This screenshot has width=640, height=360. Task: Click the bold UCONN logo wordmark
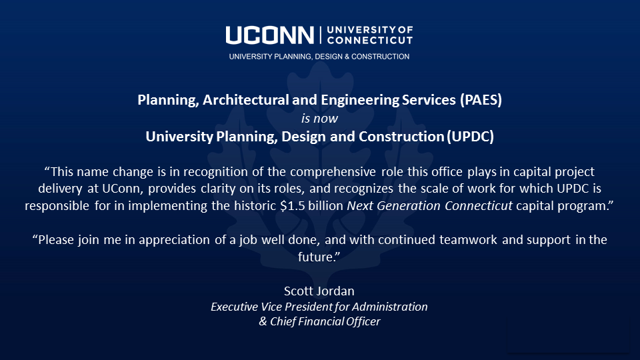(x=270, y=35)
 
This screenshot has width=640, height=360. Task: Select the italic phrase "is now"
(x=319, y=119)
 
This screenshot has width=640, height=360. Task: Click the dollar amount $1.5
(x=287, y=206)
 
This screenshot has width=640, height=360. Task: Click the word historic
(x=247, y=206)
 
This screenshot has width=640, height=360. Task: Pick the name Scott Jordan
(x=319, y=291)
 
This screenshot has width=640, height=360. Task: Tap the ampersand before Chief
(x=263, y=321)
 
